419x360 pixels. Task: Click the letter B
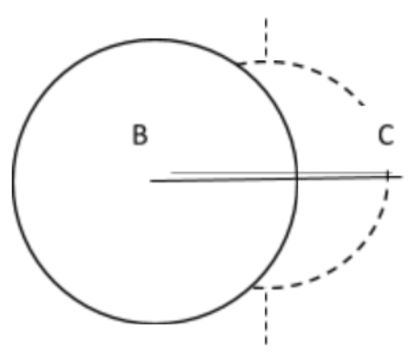[x=139, y=136]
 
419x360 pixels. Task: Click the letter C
[x=386, y=136]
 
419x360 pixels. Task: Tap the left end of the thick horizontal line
[x=151, y=180]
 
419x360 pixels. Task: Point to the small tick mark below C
[x=388, y=174]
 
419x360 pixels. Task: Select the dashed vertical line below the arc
[x=266, y=316]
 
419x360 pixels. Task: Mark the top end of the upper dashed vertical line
[x=266, y=16]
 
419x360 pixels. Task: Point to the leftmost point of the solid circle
[x=12, y=180]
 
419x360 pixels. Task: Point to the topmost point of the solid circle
[x=154, y=38]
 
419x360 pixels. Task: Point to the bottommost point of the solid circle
[x=154, y=322]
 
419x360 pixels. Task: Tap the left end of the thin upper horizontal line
[x=171, y=172]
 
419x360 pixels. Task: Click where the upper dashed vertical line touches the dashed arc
[x=266, y=60]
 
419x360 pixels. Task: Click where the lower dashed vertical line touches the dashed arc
[x=266, y=289]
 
